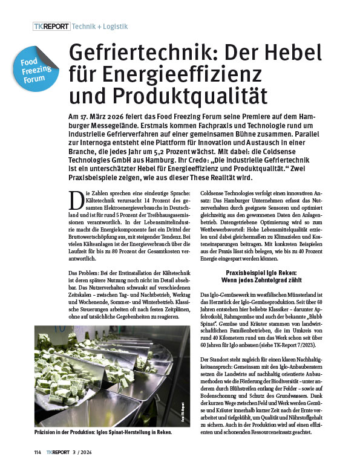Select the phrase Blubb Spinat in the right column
pos(316,315)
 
